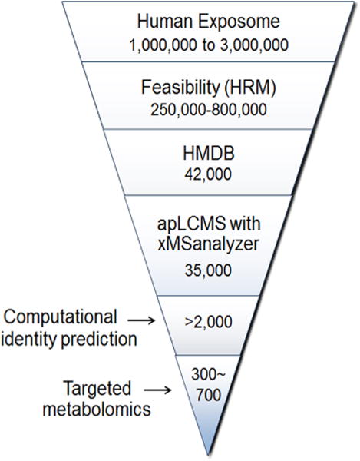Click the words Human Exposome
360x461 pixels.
coord(209,22)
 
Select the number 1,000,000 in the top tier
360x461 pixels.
coord(163,45)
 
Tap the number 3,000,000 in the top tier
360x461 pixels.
coord(254,45)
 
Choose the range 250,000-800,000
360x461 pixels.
coord(209,110)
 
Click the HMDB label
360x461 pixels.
coord(209,154)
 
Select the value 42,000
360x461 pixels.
coord(208,174)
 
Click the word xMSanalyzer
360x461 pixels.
coord(209,244)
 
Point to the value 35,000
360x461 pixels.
coord(208,270)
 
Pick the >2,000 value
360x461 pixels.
coord(209,322)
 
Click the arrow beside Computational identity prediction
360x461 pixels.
coord(141,320)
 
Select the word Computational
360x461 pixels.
coord(60,317)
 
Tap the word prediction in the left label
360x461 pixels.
coord(99,340)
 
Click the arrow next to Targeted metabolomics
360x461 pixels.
coord(157,390)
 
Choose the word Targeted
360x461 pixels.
coord(97,389)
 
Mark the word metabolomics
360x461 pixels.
coord(97,409)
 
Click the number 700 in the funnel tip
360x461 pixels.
coord(209,395)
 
